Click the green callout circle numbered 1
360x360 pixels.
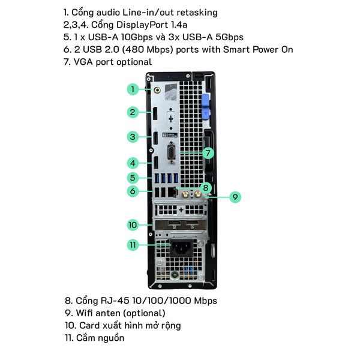(133, 89)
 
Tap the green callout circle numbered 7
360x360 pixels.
(208, 153)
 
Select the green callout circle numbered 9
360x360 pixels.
(235, 197)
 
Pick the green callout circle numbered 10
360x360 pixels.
(133, 225)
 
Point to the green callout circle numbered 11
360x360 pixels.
(133, 245)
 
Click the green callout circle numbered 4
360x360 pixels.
(133, 163)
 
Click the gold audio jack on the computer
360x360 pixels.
(157, 90)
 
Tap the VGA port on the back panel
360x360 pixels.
(172, 153)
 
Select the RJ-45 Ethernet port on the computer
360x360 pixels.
(172, 192)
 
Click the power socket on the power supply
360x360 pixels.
(181, 248)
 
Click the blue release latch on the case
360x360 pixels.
(206, 107)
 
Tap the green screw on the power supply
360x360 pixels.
(175, 275)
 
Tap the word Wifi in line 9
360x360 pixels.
(84, 313)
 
